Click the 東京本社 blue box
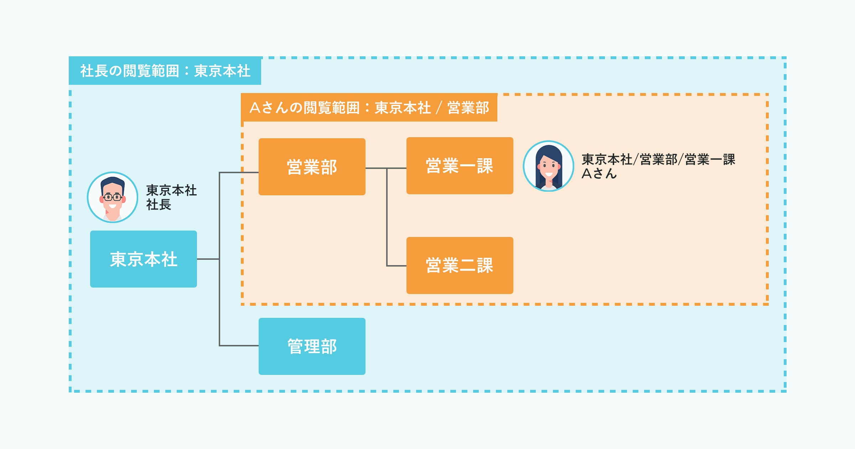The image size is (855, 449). click(143, 259)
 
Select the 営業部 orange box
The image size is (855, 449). click(312, 167)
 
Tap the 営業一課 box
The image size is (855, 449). click(460, 166)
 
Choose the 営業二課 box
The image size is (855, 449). click(460, 265)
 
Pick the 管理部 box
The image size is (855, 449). click(312, 346)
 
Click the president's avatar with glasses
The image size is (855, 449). click(113, 197)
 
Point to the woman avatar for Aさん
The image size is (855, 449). click(548, 166)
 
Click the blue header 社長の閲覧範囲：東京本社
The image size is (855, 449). click(165, 71)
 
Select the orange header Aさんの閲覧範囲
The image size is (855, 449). click(369, 107)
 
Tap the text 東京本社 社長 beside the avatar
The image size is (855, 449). click(171, 197)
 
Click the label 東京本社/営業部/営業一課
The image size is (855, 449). click(658, 160)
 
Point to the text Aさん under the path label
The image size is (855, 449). click(599, 174)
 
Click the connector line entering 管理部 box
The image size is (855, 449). click(239, 345)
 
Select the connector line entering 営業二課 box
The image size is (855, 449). click(396, 265)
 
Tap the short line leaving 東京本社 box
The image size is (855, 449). click(208, 259)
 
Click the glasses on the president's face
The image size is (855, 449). click(113, 197)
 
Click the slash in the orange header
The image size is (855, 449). click(439, 108)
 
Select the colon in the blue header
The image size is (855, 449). click(187, 71)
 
